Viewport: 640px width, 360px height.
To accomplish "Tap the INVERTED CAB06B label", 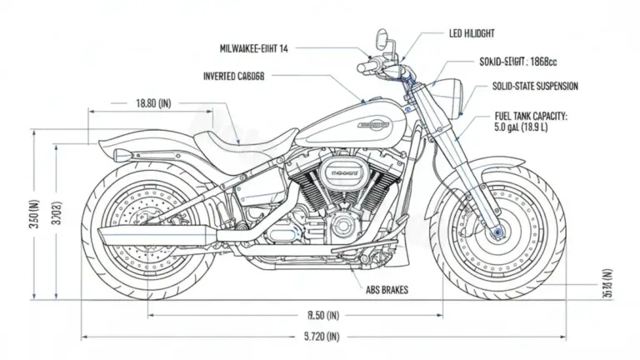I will tap(233, 76).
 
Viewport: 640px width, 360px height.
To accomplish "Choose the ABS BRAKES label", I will tap(392, 291).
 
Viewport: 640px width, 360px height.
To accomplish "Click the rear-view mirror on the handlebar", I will tap(382, 38).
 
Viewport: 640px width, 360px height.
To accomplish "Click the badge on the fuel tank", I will tap(372, 125).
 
